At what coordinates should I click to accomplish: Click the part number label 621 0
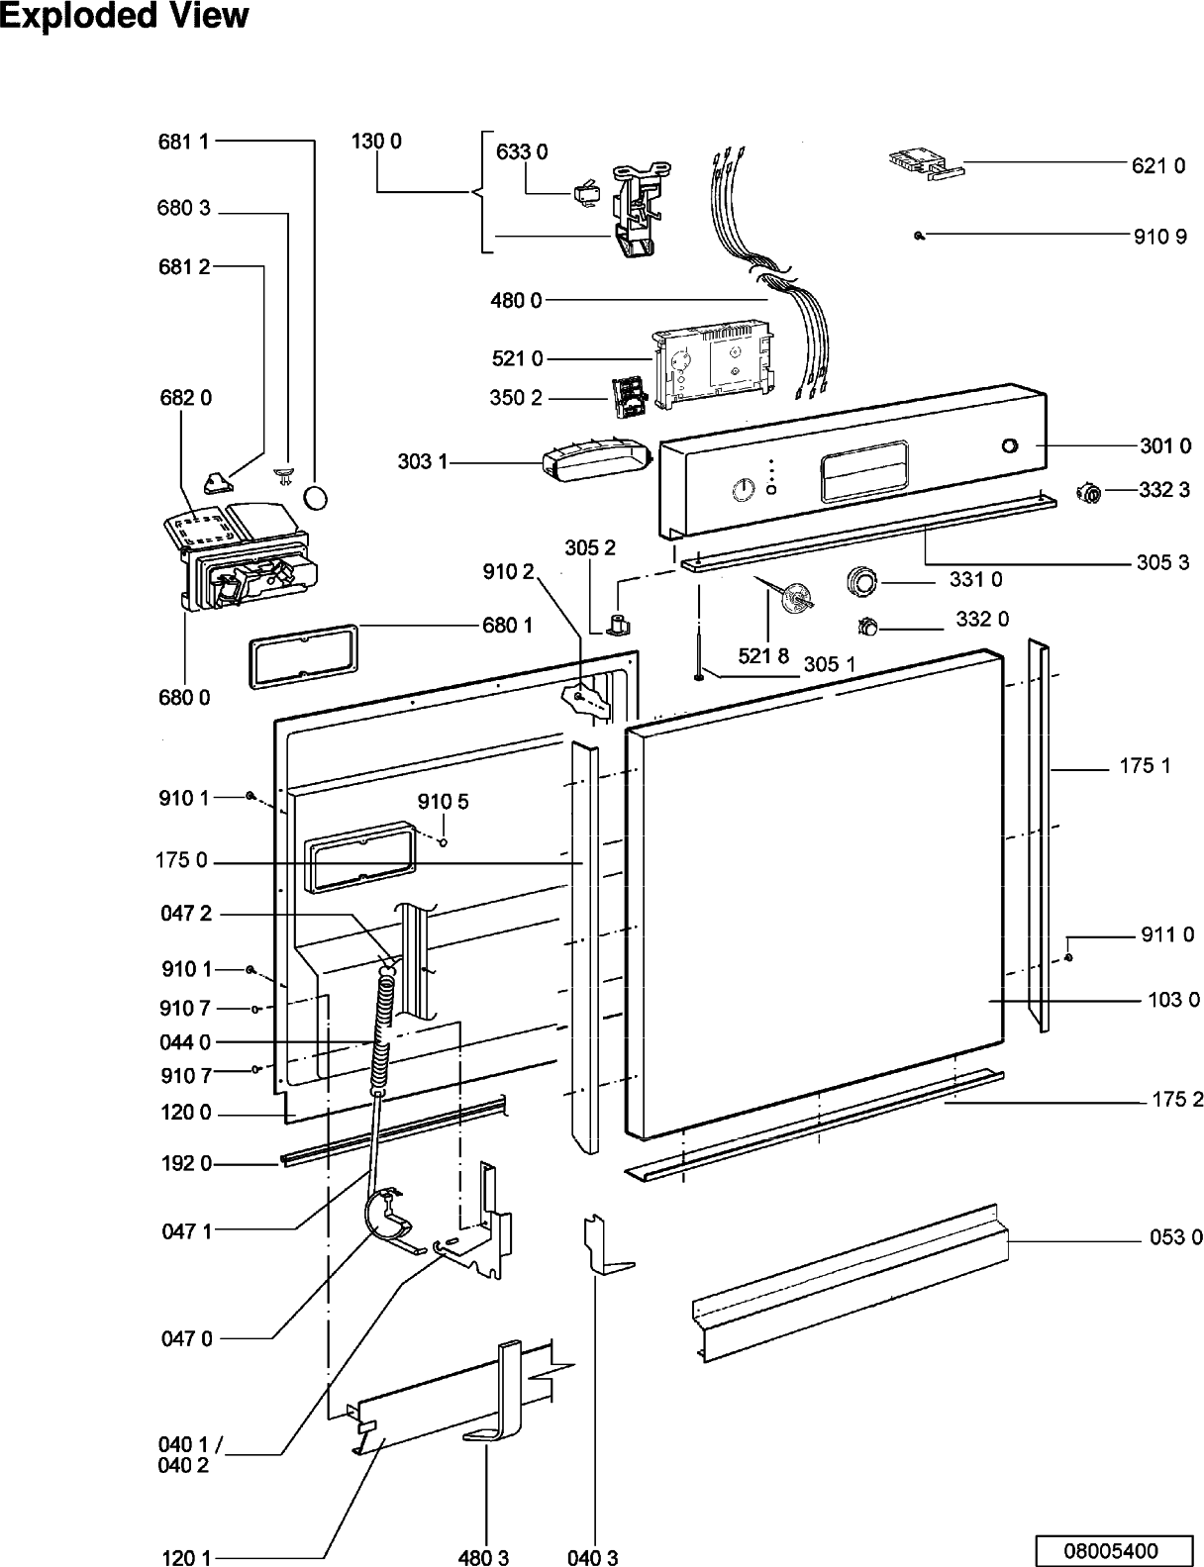tap(1157, 166)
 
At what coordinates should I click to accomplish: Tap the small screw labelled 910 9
tap(919, 235)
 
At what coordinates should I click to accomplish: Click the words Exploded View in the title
tap(125, 17)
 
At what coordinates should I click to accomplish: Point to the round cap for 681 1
tap(315, 498)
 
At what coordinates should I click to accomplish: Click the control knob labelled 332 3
tap(1089, 494)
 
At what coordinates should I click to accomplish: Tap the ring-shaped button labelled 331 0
tap(862, 581)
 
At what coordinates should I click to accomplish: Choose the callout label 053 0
tap(1176, 1237)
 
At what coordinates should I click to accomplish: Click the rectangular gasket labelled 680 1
tap(304, 656)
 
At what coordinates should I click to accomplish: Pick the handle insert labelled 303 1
tap(596, 458)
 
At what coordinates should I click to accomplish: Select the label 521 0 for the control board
tap(517, 358)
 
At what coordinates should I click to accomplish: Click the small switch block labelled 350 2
tap(624, 399)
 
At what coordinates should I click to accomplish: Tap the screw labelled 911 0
tap(1067, 957)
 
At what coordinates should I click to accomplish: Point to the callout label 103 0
tap(1173, 1000)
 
